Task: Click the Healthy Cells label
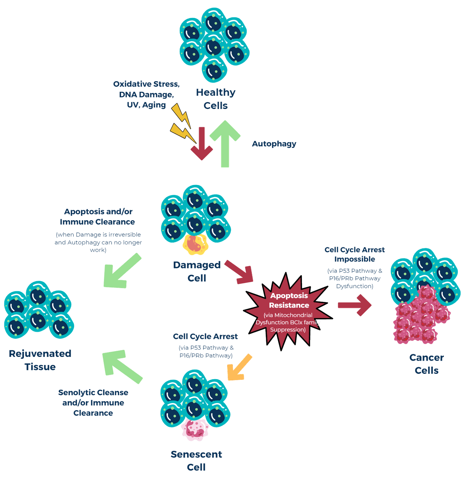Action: point(216,99)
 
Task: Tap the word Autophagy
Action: point(274,144)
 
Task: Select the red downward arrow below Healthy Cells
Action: point(202,143)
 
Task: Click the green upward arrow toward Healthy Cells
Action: point(225,144)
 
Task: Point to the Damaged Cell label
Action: point(197,271)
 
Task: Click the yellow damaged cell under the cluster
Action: point(195,244)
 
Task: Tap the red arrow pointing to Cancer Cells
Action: point(355,305)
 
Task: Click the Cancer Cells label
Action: point(426,364)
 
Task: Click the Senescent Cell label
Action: point(196,461)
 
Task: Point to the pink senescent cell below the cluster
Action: point(195,429)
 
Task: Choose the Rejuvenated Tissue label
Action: point(40,360)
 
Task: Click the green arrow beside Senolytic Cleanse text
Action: point(123,367)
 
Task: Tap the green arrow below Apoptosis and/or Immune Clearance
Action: point(123,271)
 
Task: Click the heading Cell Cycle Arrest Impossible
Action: point(354,254)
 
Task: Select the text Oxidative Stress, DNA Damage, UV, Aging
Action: point(146,94)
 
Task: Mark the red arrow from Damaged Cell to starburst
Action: point(239,272)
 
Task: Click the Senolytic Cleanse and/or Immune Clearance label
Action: point(93,403)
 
